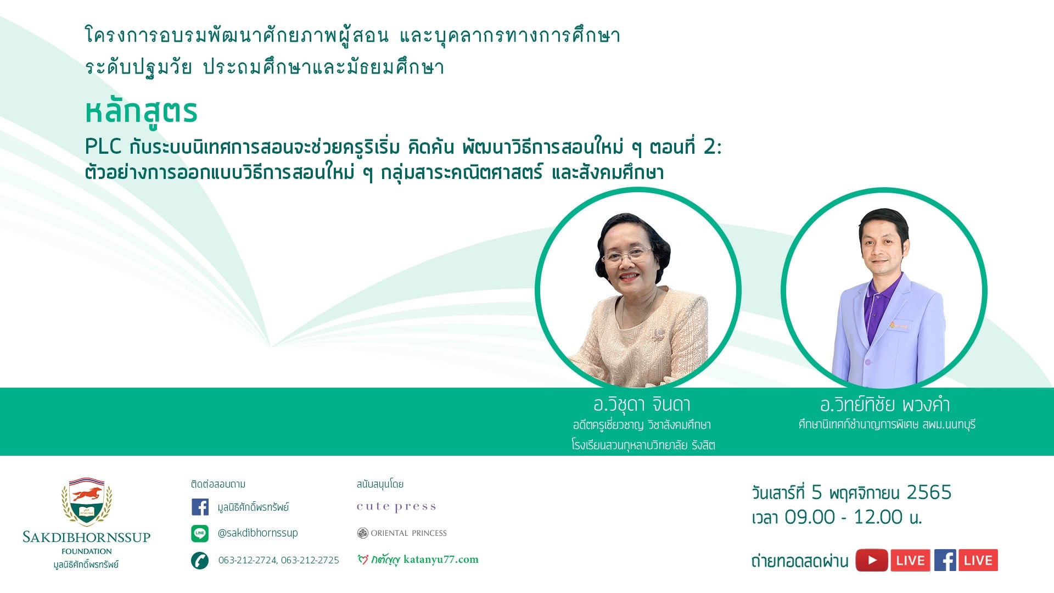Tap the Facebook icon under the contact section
point(200,507)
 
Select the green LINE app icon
point(200,533)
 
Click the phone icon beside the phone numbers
point(200,561)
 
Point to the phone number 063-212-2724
point(248,561)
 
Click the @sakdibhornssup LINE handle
point(258,533)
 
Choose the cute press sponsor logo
point(396,507)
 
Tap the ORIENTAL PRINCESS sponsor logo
point(402,533)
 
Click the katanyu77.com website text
point(441,560)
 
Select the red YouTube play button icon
point(872,561)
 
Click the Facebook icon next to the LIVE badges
point(945,561)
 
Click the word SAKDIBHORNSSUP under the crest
point(87,538)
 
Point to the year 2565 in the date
point(929,493)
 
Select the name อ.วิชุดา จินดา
point(642,405)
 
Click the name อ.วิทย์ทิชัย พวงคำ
point(885,405)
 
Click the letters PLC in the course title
point(103,147)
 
